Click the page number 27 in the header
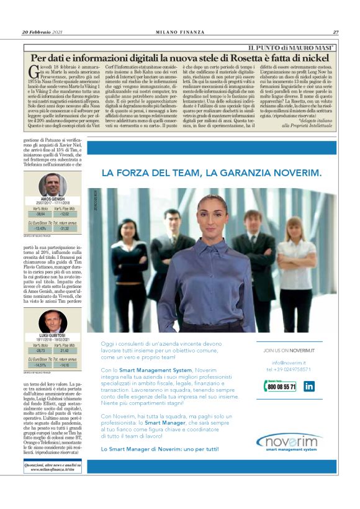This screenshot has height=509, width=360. pyautogui.click(x=335, y=32)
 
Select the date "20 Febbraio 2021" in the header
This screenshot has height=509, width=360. pyautogui.click(x=43, y=32)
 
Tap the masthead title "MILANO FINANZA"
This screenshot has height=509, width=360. pyautogui.click(x=181, y=32)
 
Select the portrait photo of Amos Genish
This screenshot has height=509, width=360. pyautogui.click(x=52, y=185)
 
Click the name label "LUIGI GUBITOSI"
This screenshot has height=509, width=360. pyautogui.click(x=52, y=335)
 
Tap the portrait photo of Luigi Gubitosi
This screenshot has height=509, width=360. pyautogui.click(x=52, y=321)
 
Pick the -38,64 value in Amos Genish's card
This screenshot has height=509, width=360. pyautogui.click(x=42, y=213)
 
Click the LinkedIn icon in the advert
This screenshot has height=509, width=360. pyautogui.click(x=308, y=386)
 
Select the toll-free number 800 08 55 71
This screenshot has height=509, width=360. pyautogui.click(x=281, y=386)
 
